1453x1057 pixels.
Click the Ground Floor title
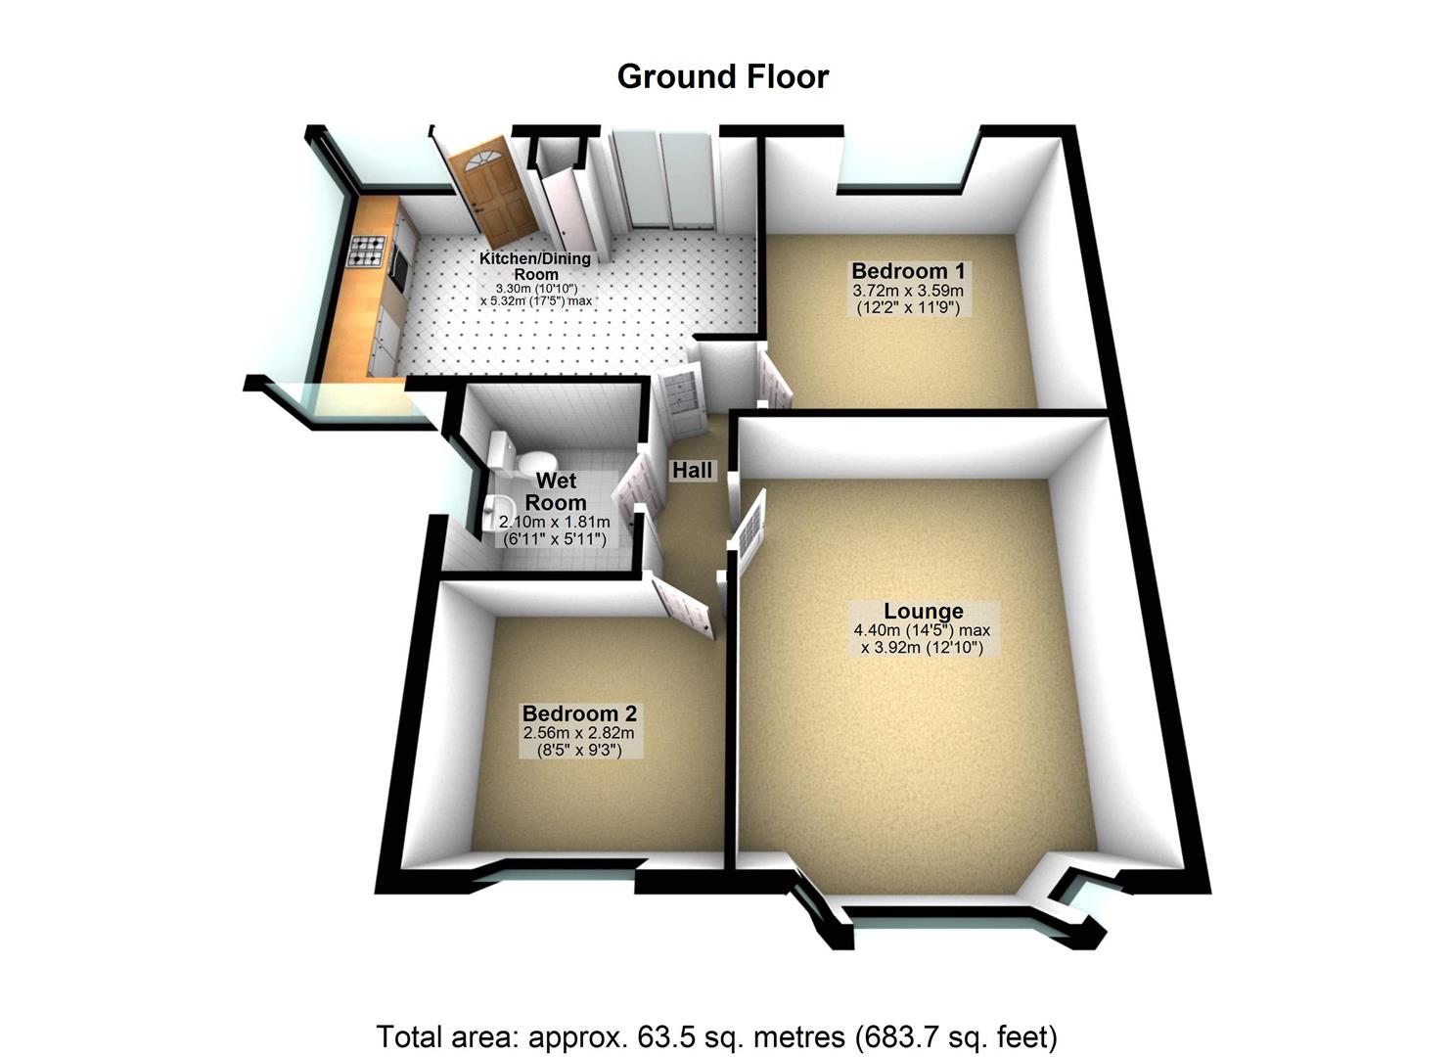722,76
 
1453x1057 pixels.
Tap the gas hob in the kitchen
367,253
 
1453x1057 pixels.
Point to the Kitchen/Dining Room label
534,266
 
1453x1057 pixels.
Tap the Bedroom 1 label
900,271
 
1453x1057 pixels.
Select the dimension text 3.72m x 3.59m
907,291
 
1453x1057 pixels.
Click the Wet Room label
556,491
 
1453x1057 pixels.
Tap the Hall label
692,471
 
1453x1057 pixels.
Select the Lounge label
924,612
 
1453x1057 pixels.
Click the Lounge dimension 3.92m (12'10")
922,647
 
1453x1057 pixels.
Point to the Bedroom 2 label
579,714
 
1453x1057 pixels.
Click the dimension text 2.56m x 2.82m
579,733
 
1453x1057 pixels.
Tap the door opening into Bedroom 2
683,607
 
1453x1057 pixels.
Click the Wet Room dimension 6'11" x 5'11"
553,539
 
